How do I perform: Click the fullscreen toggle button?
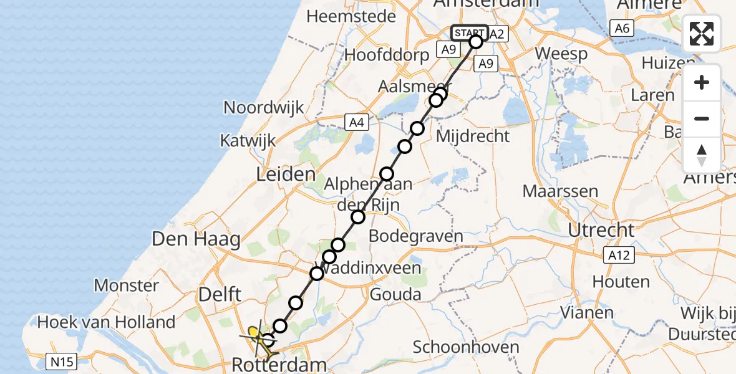pyautogui.click(x=702, y=34)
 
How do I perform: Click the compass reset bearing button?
pyautogui.click(x=702, y=155)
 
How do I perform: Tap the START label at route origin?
pyautogui.click(x=468, y=33)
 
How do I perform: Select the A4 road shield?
pyautogui.click(x=356, y=123)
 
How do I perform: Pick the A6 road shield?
pyautogui.click(x=622, y=28)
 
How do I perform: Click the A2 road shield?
pyautogui.click(x=496, y=34)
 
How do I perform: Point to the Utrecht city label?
pyautogui.click(x=601, y=230)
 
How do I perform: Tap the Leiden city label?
pyautogui.click(x=285, y=174)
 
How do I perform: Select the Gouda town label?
pyautogui.click(x=395, y=294)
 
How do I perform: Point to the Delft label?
pyautogui.click(x=215, y=294)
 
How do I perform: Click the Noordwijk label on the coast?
pyautogui.click(x=263, y=107)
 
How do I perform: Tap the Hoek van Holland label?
pyautogui.click(x=106, y=322)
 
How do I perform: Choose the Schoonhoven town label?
pyautogui.click(x=466, y=347)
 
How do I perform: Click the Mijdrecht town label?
pyautogui.click(x=473, y=136)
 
